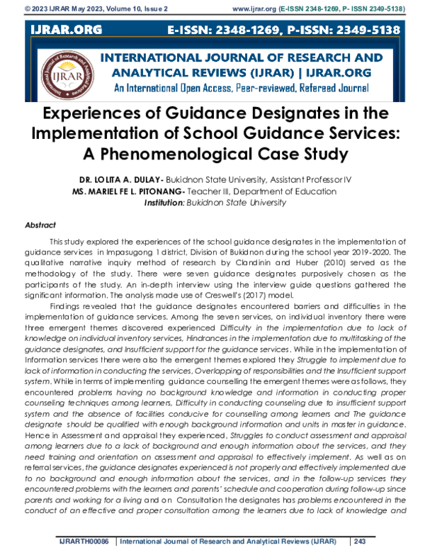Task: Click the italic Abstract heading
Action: click(x=40, y=223)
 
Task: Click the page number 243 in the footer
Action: click(x=360, y=542)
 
